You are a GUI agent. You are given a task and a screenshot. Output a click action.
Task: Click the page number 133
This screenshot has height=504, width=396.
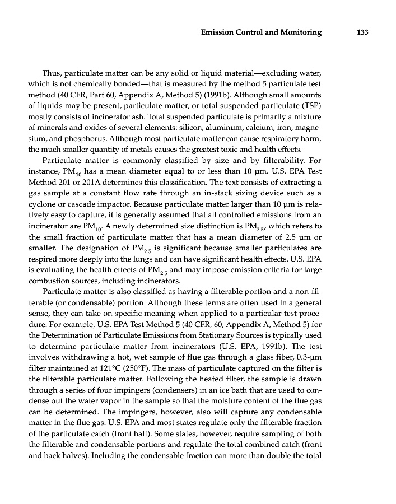coord(362,32)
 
